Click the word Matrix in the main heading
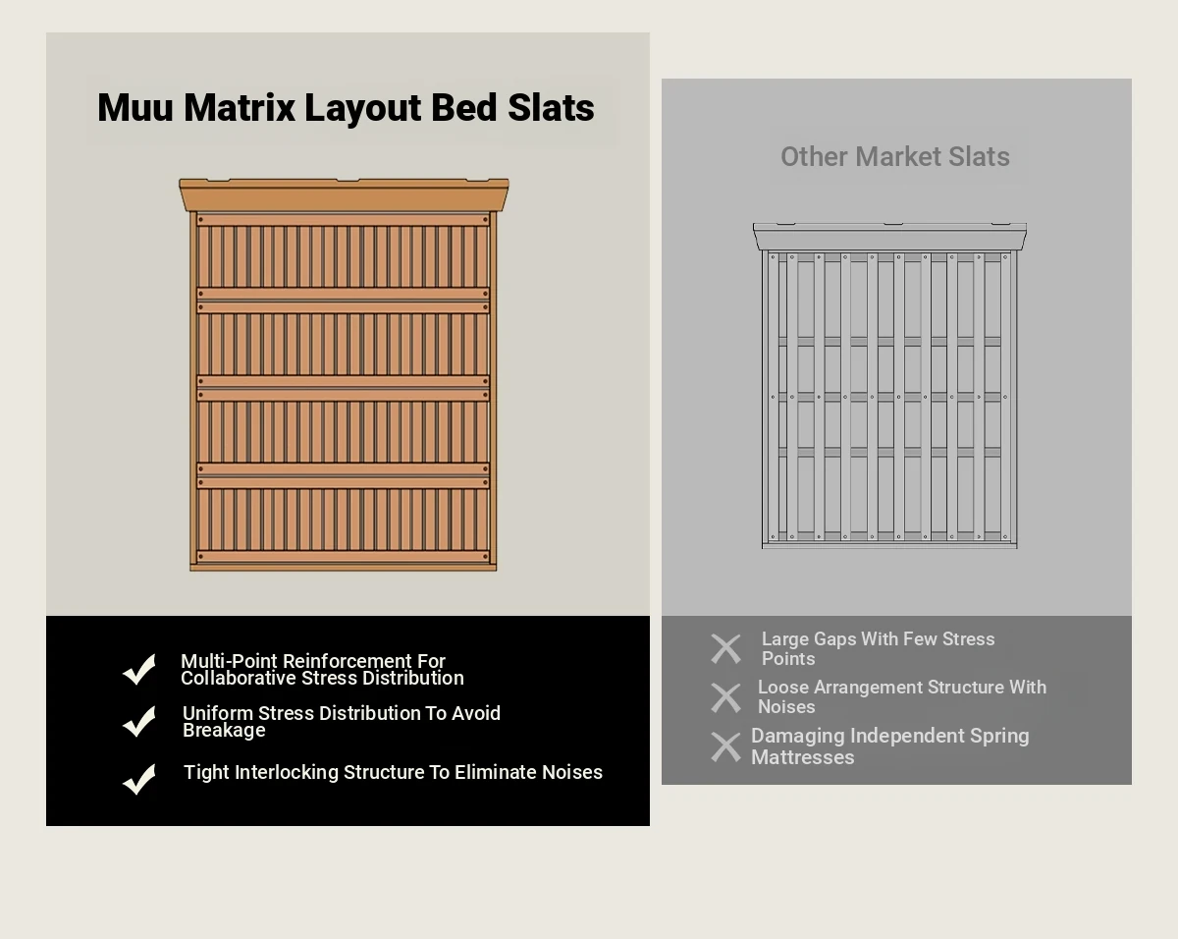click(240, 107)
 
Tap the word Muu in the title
click(135, 107)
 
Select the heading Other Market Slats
click(895, 157)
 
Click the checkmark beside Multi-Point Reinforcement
click(139, 669)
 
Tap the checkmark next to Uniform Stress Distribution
click(139, 721)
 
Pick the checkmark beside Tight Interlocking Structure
click(139, 779)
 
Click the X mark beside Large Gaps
click(725, 648)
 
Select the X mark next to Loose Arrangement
click(725, 698)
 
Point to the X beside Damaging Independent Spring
click(725, 747)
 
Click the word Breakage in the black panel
click(224, 730)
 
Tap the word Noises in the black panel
click(572, 772)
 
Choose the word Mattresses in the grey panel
click(802, 757)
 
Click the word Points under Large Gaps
click(788, 658)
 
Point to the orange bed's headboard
click(344, 194)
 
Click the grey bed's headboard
click(889, 236)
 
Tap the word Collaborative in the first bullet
click(239, 679)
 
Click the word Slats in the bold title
click(551, 107)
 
